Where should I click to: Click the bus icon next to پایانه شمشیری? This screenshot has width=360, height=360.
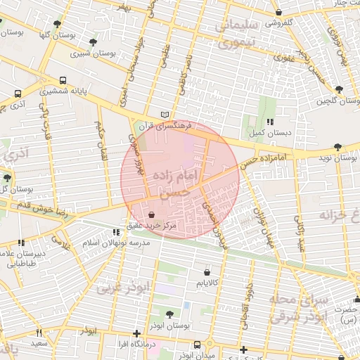[63, 80]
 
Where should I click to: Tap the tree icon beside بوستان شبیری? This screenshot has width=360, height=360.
[93, 42]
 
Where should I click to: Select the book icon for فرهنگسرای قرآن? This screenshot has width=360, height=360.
[165, 115]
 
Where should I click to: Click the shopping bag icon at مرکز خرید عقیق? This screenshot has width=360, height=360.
[153, 214]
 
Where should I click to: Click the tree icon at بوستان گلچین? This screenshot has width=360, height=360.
[339, 89]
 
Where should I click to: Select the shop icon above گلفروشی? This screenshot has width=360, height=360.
[279, 12]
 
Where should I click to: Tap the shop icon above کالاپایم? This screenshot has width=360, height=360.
[206, 271]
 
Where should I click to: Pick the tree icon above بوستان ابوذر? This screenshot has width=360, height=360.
[169, 314]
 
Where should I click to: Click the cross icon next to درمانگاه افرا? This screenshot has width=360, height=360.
[136, 333]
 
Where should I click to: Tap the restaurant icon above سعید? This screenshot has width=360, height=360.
[39, 333]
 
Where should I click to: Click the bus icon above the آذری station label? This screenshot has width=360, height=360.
[18, 93]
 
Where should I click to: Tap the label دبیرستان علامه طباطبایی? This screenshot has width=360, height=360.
[21, 258]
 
